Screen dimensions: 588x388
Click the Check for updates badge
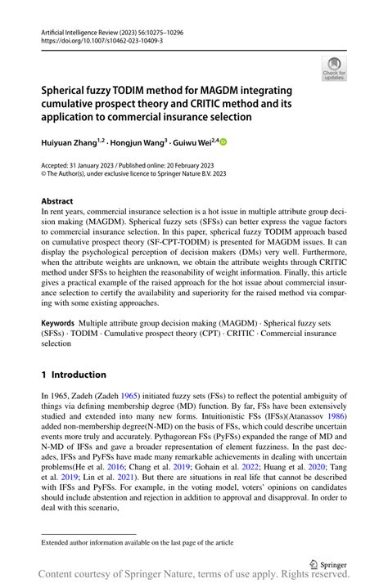(x=333, y=68)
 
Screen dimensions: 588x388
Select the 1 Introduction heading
(x=74, y=374)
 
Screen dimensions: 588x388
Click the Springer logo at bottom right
(x=327, y=564)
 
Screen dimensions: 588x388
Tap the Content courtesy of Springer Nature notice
(x=194, y=577)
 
